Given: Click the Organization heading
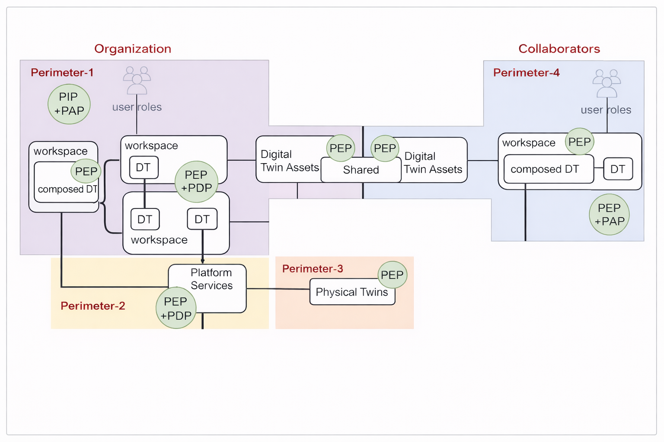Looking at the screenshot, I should click(x=133, y=49).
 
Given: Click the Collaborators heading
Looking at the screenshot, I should click(x=559, y=49).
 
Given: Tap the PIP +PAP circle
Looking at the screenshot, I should click(x=69, y=104).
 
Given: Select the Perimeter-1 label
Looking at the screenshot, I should click(x=62, y=73).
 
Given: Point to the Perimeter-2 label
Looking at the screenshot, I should click(x=93, y=306).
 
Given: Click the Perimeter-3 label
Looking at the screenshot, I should click(x=312, y=269).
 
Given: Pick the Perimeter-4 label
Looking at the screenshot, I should click(x=526, y=73).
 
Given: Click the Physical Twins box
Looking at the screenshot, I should click(x=352, y=293).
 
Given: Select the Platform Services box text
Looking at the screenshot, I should click(x=211, y=279).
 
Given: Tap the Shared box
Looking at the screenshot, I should click(x=361, y=170).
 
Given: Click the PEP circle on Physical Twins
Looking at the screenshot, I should click(x=392, y=275).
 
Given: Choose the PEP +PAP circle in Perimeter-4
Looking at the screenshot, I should click(x=609, y=215).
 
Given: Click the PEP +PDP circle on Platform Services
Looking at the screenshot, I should click(x=176, y=308).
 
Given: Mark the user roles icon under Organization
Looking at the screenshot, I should click(x=137, y=80).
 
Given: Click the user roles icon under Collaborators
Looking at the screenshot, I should click(x=607, y=83).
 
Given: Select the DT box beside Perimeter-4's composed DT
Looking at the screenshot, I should click(x=618, y=169).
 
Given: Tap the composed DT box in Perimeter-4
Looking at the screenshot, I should click(x=545, y=169).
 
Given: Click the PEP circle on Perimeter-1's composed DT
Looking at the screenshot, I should click(x=86, y=171).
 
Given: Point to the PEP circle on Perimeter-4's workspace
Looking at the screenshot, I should click(x=579, y=142).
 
